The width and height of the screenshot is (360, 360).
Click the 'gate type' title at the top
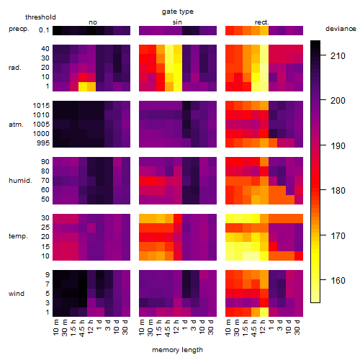click(178, 12)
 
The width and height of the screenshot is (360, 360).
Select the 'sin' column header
click(177, 22)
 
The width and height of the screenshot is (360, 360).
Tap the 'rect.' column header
click(261, 22)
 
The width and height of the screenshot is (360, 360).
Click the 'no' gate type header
click(93, 22)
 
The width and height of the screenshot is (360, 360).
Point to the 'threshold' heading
click(40, 17)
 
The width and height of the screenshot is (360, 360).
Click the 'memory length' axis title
click(177, 350)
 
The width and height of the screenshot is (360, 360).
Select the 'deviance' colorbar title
click(341, 29)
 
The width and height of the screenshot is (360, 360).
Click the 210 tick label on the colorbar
click(338, 56)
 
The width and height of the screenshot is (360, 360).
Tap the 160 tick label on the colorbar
click(338, 280)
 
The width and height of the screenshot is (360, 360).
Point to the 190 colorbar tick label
click(338, 145)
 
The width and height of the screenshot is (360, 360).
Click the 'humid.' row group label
click(20, 181)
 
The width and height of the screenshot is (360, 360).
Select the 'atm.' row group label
click(16, 125)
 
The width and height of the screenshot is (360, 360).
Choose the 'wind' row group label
click(17, 294)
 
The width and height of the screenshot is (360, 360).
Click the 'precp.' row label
click(19, 29)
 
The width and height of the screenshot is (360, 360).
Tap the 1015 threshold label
click(41, 105)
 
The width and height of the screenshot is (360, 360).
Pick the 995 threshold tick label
click(43, 143)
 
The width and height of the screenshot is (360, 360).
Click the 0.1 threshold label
click(44, 30)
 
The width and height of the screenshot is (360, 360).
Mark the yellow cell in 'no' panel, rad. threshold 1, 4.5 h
click(83, 86)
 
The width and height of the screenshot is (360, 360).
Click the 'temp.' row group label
click(18, 236)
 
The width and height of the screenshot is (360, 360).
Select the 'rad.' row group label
click(15, 68)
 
